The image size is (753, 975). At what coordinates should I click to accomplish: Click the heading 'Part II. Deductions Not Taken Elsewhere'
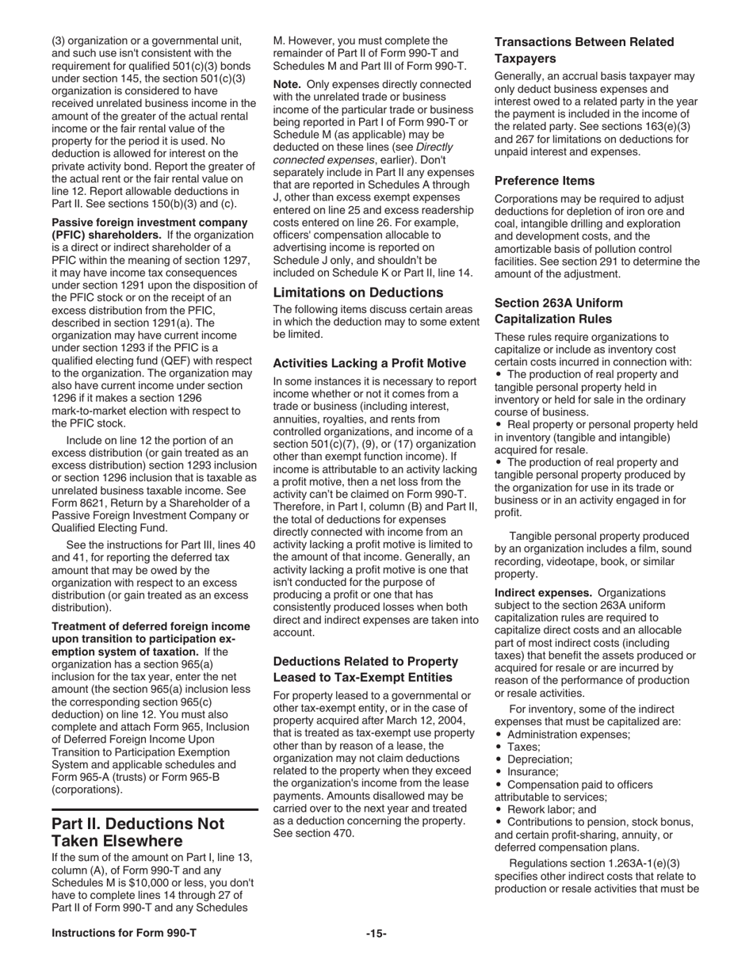click(138, 832)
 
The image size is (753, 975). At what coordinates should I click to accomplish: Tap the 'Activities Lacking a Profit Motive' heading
click(369, 363)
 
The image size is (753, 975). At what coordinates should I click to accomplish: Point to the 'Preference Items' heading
click(544, 181)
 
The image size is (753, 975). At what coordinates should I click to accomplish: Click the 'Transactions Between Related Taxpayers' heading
click(584, 50)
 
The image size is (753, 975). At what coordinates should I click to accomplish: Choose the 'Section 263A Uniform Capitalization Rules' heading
click(559, 311)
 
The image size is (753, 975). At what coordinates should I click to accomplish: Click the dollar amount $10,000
click(166, 882)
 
